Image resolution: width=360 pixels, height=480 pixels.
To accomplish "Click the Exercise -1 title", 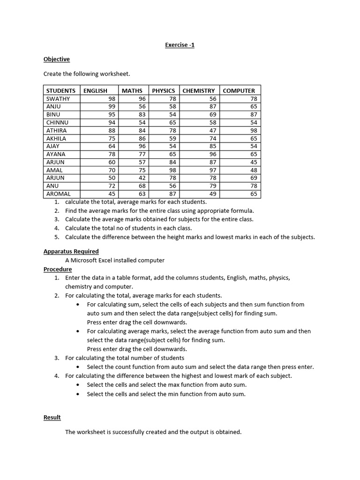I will [x=180, y=45].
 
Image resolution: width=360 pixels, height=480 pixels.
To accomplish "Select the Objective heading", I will [x=56, y=59].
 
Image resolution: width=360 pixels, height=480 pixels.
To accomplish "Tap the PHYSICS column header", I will [x=163, y=90].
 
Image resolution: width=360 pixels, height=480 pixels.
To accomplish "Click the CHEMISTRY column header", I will [x=198, y=90].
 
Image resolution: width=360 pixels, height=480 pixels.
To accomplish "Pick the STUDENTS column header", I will [x=61, y=90].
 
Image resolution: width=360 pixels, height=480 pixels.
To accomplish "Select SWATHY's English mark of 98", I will [x=112, y=99].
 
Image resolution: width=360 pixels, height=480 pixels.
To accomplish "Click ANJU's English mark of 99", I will [x=112, y=107].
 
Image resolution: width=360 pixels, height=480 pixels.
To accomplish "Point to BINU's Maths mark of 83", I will [x=142, y=114].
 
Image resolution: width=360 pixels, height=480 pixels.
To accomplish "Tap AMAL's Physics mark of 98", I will [x=172, y=170].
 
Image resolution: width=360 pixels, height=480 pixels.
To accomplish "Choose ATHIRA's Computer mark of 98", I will [x=254, y=130].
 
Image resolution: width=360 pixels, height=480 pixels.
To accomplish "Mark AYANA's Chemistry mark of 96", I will [x=213, y=154].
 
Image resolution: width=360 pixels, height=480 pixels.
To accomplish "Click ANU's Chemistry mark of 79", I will [x=213, y=186].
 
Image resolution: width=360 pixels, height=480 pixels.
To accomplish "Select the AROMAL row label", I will [x=59, y=194].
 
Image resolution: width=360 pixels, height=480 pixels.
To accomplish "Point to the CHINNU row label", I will [x=57, y=122].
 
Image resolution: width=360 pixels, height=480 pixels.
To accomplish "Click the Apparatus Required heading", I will [x=71, y=251].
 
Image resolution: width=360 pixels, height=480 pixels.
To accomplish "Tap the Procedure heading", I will [x=58, y=269].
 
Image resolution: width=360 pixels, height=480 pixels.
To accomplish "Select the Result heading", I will [x=52, y=417].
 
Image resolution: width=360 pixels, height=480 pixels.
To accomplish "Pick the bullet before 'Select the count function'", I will [x=78, y=367].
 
